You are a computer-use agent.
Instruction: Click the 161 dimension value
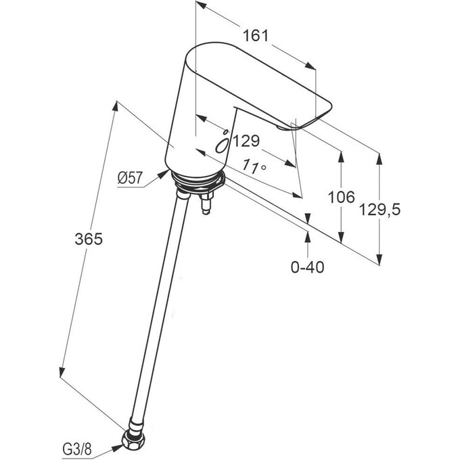(x=254, y=35)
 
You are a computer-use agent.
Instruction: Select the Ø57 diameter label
(x=129, y=178)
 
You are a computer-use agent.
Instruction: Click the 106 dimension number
(x=341, y=198)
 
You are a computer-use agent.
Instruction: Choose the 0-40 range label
(x=307, y=267)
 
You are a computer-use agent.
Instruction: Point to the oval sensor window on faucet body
(x=221, y=145)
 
